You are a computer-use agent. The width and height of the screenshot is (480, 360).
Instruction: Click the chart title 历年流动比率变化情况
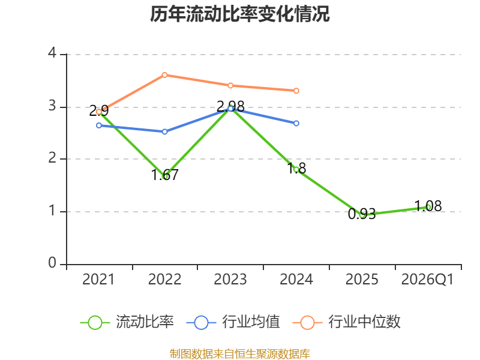tap(239, 14)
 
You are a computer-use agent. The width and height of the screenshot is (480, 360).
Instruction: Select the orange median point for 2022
tap(164, 75)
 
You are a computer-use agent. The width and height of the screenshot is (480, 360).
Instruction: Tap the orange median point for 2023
tap(230, 85)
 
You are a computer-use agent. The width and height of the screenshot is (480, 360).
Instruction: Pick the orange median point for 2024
tap(296, 91)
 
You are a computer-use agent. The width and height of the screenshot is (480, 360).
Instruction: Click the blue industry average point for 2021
tap(99, 125)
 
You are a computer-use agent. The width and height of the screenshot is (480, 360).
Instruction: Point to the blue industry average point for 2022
tap(164, 131)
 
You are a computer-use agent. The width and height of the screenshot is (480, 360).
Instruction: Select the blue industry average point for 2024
tap(296, 123)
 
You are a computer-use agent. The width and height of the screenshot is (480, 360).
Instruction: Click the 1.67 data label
tap(164, 175)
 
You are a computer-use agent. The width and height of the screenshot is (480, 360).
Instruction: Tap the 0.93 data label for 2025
tap(362, 214)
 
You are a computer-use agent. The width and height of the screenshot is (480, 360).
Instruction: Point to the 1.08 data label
tap(428, 206)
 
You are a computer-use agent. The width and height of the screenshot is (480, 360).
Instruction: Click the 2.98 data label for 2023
tap(230, 107)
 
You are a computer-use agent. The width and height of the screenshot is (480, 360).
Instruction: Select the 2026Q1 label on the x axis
tap(427, 279)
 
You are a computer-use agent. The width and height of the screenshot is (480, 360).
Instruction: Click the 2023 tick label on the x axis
tap(230, 279)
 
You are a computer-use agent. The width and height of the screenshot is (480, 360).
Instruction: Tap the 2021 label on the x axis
tap(98, 279)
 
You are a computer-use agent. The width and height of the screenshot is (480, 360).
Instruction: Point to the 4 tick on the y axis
tap(52, 53)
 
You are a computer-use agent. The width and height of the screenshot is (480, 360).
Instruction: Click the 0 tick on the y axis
tap(52, 263)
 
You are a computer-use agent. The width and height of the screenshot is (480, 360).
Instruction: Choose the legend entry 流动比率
tap(127, 322)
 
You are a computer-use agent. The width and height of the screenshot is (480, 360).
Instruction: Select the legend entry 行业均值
tap(233, 322)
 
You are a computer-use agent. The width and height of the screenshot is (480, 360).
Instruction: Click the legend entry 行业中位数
tap(347, 322)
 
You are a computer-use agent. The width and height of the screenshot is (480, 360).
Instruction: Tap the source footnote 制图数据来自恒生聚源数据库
tap(240, 354)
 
